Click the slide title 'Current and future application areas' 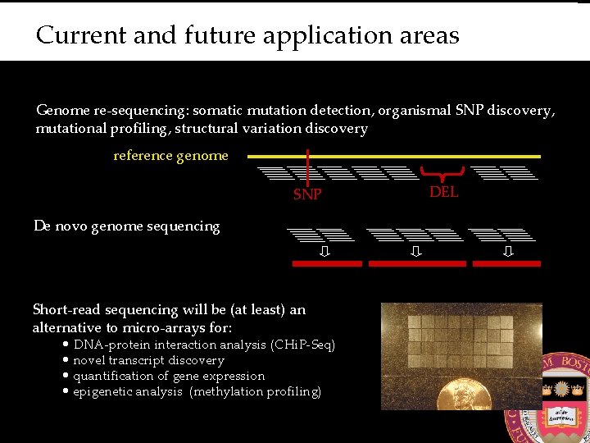point(247,36)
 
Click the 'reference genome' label point(170,156)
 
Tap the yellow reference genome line point(393,156)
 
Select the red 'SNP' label point(307,195)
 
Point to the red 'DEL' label point(444,192)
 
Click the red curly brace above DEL point(444,173)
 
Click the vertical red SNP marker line point(306,168)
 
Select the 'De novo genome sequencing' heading point(127,226)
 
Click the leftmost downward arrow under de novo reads point(324,251)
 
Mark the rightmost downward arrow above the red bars point(508,251)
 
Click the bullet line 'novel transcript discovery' point(148,360)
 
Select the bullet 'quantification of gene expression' point(169,376)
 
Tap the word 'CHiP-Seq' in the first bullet point(303,345)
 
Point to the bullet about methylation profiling point(197,391)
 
